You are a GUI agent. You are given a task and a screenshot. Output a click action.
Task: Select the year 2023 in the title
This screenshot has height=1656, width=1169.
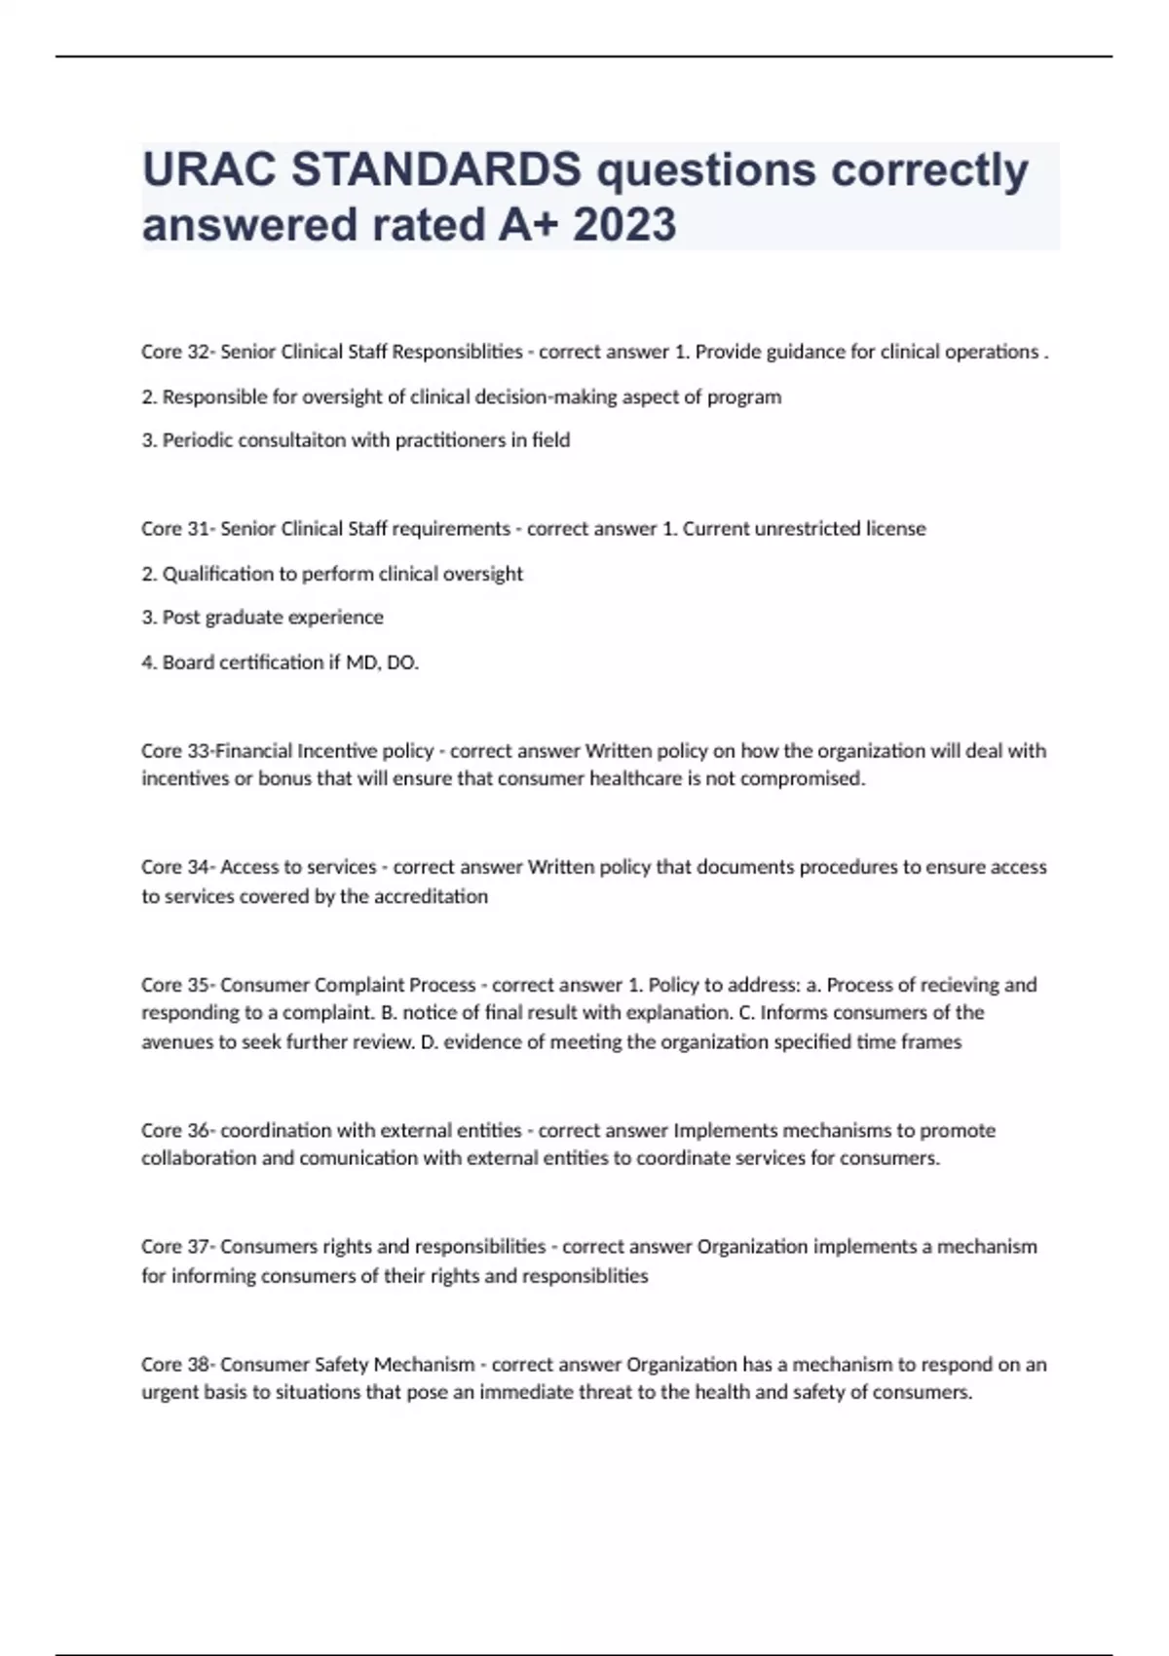pyautogui.click(x=624, y=225)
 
